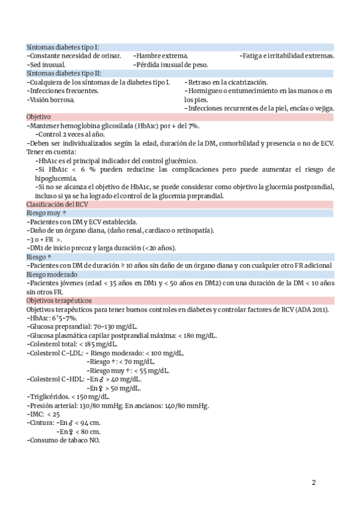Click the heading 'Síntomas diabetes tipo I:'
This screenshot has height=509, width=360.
63,47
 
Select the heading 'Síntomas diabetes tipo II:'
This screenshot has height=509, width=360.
64,73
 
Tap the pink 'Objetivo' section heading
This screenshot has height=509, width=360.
39,116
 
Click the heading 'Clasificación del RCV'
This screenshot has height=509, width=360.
58,205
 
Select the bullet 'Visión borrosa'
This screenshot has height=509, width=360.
52,100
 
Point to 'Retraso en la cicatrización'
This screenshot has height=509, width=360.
227,82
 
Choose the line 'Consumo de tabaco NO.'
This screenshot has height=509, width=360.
64,441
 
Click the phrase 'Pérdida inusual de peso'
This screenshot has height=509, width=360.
172,64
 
